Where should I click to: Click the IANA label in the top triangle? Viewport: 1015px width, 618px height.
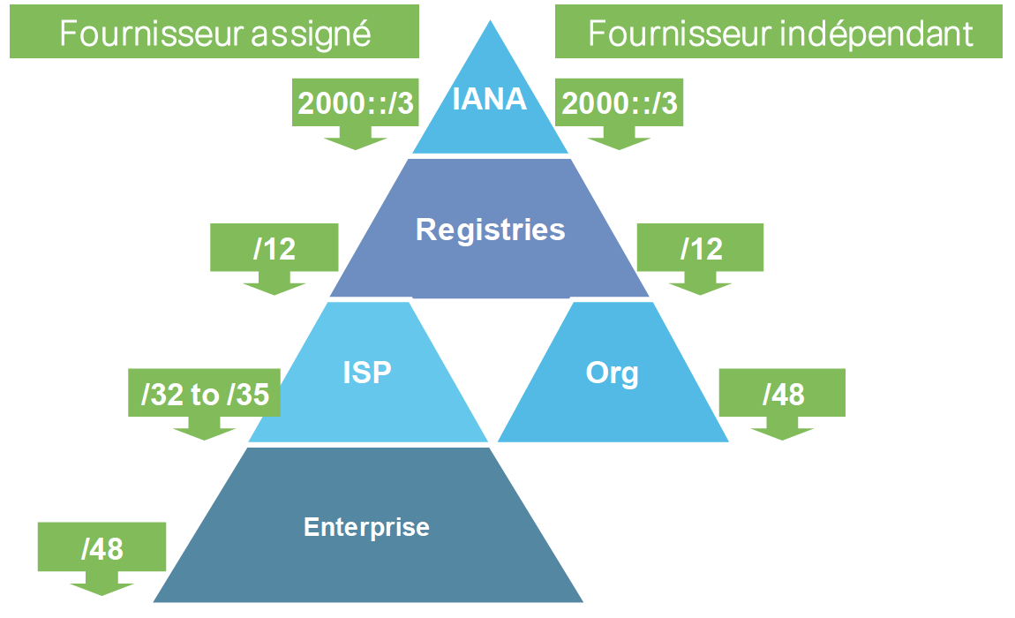tap(489, 99)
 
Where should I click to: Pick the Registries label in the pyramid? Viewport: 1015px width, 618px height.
tap(490, 230)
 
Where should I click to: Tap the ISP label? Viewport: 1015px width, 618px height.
tap(366, 373)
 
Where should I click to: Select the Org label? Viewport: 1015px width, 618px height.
tap(612, 373)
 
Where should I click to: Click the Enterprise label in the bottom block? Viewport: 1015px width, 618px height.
tap(366, 527)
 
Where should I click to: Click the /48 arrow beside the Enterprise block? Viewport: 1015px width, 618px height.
tap(101, 554)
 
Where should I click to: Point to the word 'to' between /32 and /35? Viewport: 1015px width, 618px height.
tap(206, 395)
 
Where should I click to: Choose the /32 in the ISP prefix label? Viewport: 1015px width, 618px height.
tap(160, 395)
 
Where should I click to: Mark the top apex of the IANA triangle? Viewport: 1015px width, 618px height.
tap(490, 21)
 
